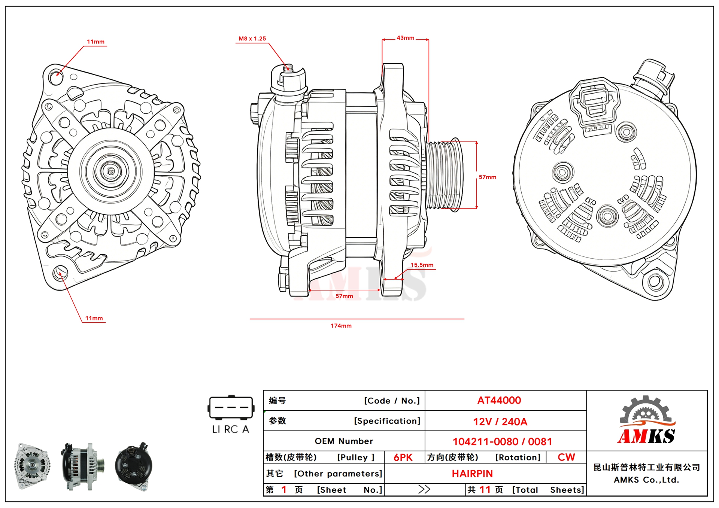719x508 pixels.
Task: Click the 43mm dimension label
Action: (406, 38)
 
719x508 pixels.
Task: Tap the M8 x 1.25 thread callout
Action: (252, 39)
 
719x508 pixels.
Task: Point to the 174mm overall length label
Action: (341, 326)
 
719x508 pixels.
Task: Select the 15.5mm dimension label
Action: (422, 265)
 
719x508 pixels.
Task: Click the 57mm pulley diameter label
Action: (487, 177)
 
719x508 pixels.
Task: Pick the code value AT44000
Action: (499, 401)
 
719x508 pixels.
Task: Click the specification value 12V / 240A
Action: (500, 422)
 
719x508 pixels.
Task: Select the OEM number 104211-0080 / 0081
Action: (502, 442)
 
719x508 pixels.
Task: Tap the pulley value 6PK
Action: (403, 457)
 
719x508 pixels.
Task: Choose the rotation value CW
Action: (566, 457)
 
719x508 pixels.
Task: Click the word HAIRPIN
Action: (472, 474)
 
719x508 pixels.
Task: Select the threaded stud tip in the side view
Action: (288, 68)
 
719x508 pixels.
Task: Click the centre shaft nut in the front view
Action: (111, 171)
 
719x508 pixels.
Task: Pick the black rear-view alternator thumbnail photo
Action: (133, 466)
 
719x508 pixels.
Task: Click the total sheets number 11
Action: (485, 490)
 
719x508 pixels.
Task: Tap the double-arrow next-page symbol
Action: (424, 489)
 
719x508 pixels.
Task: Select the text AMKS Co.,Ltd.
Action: (646, 480)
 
